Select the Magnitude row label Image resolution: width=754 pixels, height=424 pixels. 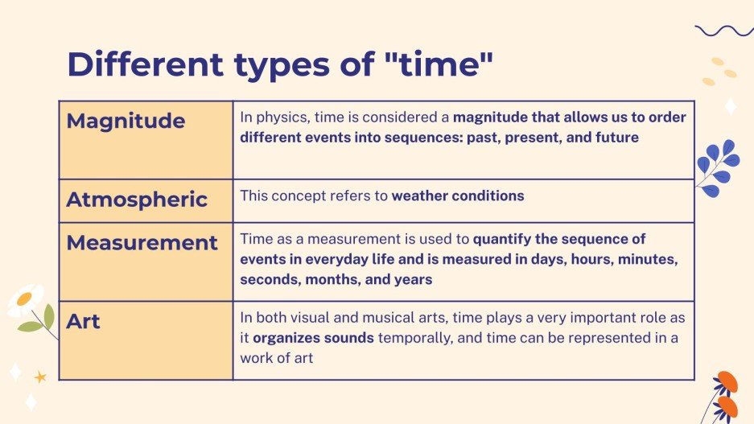pyautogui.click(x=126, y=121)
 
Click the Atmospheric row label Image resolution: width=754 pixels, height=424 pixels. pyautogui.click(x=137, y=200)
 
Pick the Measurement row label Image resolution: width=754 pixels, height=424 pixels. pyautogui.click(x=142, y=243)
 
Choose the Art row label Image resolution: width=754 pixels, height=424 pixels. pyautogui.click(x=83, y=322)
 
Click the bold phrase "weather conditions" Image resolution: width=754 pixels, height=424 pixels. pyautogui.click(x=457, y=196)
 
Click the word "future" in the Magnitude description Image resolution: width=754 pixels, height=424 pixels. pyautogui.click(x=616, y=138)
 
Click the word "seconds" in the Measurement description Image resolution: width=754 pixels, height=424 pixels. pyautogui.click(x=265, y=280)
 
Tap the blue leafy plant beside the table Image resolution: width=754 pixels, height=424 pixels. pyautogui.click(x=717, y=167)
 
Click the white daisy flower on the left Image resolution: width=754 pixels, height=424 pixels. pyautogui.click(x=25, y=300)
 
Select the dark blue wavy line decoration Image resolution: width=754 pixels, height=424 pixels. pyautogui.click(x=723, y=31)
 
